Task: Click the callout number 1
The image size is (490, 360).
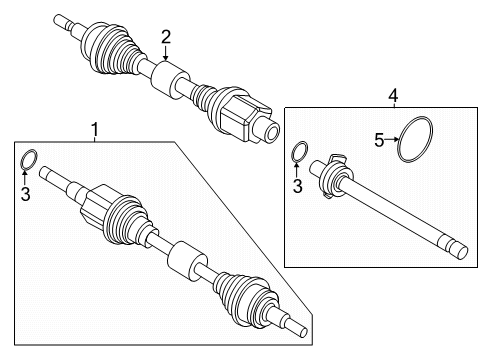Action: (94, 130)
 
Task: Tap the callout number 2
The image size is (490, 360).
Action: (166, 37)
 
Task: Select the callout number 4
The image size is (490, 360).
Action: (393, 95)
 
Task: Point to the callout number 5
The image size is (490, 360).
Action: (379, 140)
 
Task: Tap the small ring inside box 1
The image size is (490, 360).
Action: (29, 159)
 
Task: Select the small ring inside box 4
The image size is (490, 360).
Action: (298, 153)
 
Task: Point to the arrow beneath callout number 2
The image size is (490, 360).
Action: (166, 56)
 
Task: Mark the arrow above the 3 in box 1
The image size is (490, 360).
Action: (27, 178)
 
